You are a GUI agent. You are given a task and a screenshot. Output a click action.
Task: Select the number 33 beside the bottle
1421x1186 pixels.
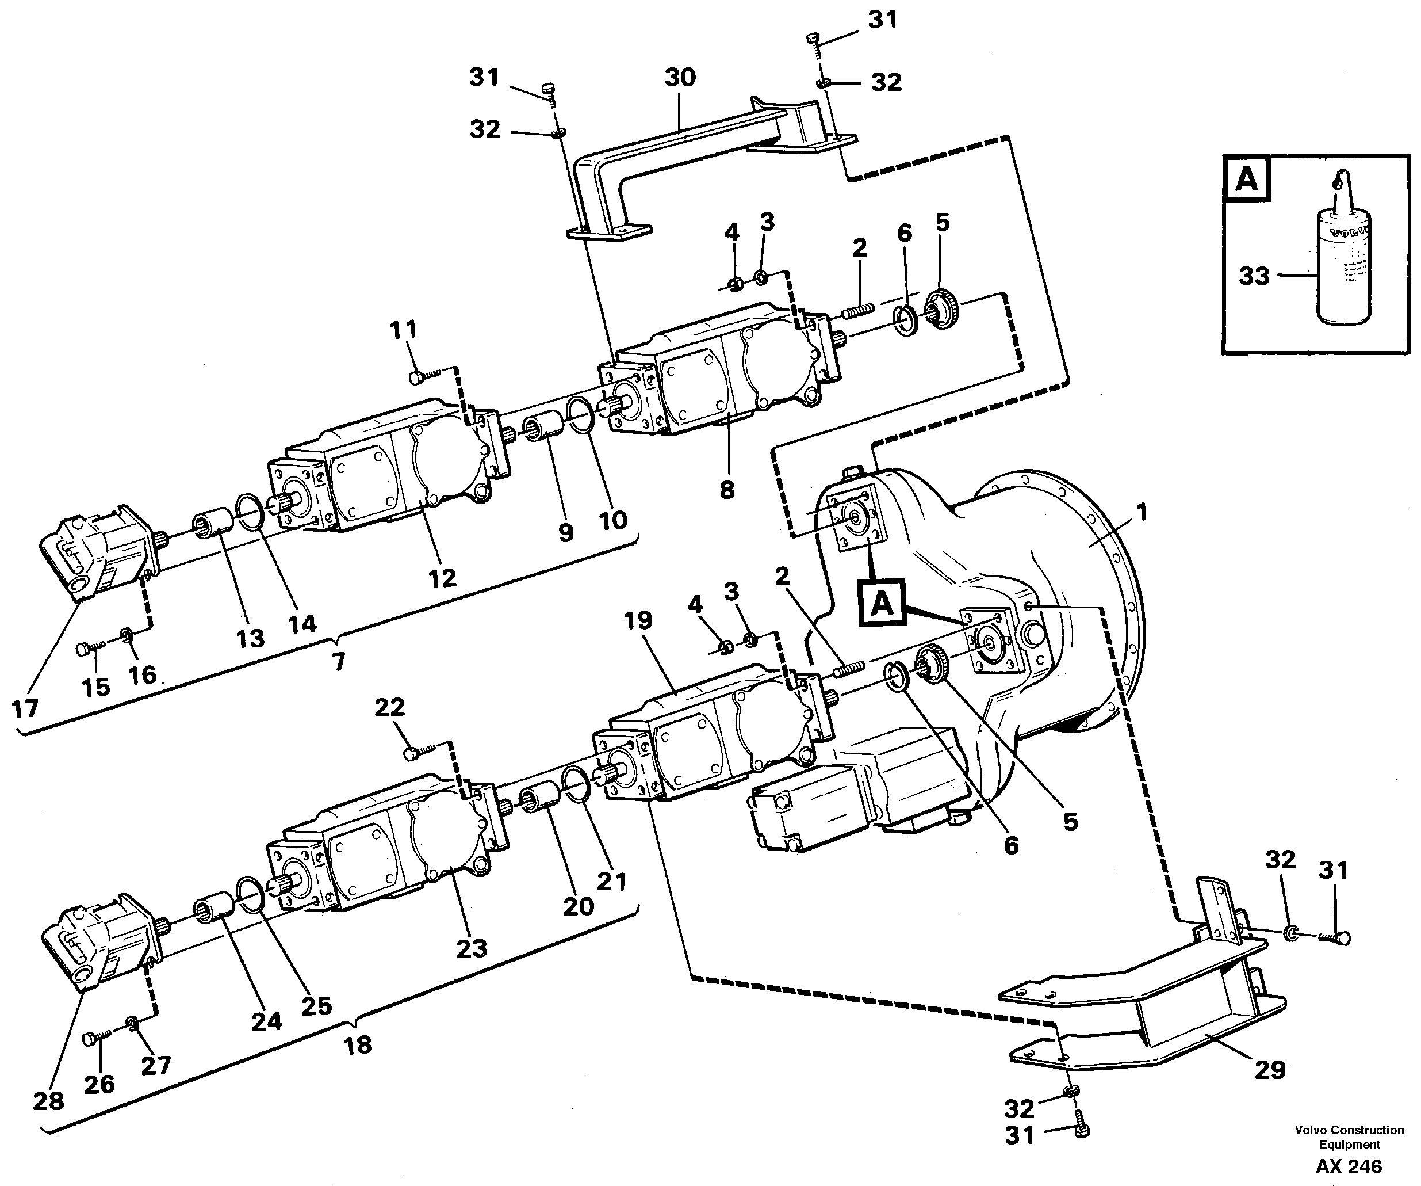pos(1254,276)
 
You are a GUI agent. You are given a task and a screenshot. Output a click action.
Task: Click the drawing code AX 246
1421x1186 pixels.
pos(1349,1166)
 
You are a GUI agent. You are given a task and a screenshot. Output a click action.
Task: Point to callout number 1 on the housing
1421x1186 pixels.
pos(1142,513)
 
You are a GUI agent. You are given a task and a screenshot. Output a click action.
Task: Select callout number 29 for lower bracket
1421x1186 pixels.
pos(1269,1070)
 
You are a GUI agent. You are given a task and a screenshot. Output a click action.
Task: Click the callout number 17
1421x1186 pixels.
pos(25,709)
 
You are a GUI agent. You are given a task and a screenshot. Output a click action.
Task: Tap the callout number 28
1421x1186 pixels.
pos(48,1101)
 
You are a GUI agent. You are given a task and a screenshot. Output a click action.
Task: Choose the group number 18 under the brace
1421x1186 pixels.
pos(357,1045)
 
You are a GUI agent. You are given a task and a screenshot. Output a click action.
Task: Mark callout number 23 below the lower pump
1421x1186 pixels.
pos(471,948)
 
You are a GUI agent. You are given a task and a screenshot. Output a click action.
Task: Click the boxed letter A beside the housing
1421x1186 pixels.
pos(882,602)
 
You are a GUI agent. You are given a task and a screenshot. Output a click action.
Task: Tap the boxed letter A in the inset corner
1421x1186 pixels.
pos(1246,180)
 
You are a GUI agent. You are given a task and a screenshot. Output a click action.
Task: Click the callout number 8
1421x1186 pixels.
pos(727,490)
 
